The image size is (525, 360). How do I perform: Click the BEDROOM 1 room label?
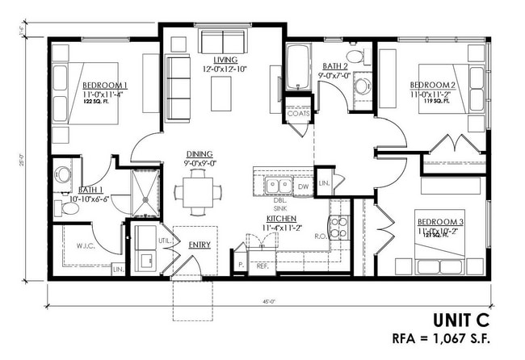[x=105, y=85]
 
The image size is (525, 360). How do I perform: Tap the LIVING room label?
[x=225, y=61]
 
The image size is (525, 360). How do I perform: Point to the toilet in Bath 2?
[x=362, y=85]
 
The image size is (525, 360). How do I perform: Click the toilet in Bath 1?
[x=63, y=174]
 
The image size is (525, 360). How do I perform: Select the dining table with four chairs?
[x=197, y=193]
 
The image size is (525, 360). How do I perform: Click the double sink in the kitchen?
[x=279, y=186]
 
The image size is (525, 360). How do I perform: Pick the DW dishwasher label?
[x=303, y=186]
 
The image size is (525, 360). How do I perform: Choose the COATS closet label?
[x=298, y=113]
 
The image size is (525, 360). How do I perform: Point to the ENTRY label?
[x=199, y=244]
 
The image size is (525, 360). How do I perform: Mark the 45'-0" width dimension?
[x=267, y=300]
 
